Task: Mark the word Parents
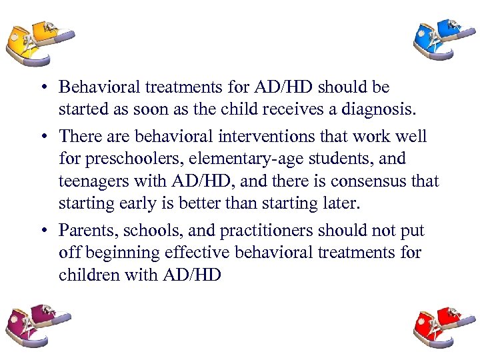click(83, 231)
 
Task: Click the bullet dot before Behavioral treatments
click(42, 87)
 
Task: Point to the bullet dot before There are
click(42, 137)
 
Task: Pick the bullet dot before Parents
click(42, 231)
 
